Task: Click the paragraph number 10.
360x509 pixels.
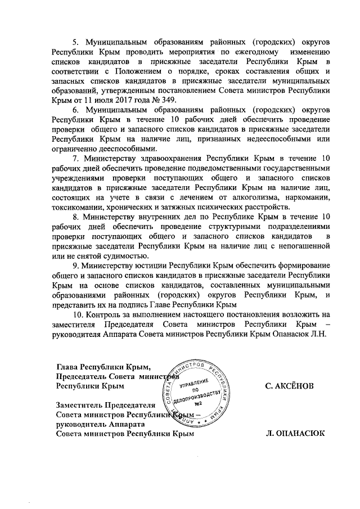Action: [x=79, y=313]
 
